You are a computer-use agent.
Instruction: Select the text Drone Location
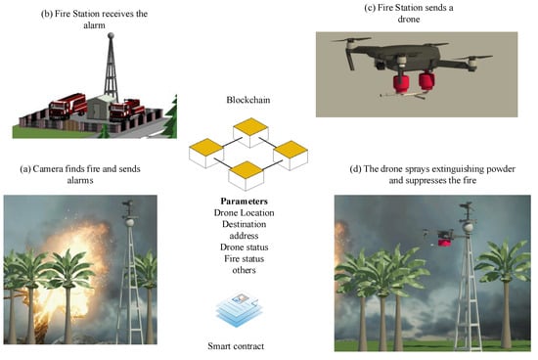(244, 212)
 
